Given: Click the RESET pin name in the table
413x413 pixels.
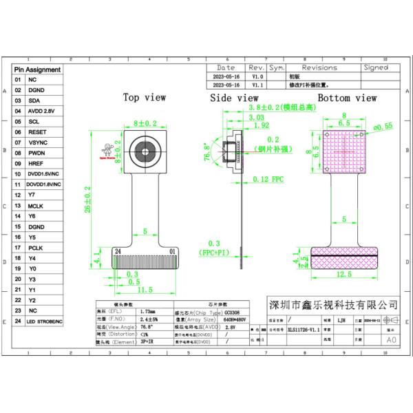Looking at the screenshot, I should click(x=37, y=131).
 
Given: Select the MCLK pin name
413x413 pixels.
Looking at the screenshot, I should click(x=36, y=205).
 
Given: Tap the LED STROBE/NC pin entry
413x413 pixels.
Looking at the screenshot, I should click(x=45, y=321).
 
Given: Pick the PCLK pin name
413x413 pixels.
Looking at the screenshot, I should click(x=36, y=247).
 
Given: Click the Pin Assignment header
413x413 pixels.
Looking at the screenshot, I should click(x=37, y=70).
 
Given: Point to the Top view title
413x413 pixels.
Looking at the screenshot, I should click(x=145, y=98).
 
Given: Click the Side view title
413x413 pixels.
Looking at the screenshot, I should click(x=234, y=98).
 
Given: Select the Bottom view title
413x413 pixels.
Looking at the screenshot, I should click(x=347, y=98).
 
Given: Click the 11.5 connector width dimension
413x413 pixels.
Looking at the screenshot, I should click(x=145, y=290).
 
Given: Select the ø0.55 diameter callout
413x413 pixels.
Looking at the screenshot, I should click(x=382, y=126).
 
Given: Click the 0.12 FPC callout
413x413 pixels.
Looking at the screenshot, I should click(x=267, y=179).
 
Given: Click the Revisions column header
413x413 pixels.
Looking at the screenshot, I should click(x=319, y=68).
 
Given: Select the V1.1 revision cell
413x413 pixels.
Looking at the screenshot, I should click(x=256, y=85).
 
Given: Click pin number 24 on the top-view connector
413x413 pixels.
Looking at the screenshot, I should click(x=118, y=251).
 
